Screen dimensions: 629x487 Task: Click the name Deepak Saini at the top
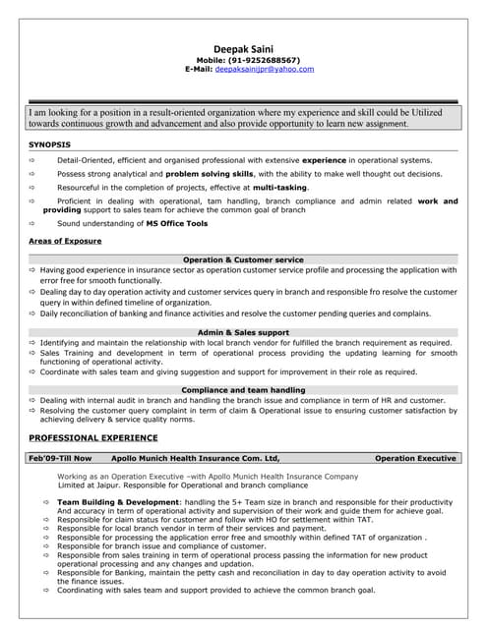pyautogui.click(x=243, y=48)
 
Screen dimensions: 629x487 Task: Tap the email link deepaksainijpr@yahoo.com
pyautogui.click(x=265, y=69)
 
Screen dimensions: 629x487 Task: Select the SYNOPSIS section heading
pyautogui.click(x=48, y=144)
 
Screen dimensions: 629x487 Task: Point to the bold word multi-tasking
pyautogui.click(x=279, y=187)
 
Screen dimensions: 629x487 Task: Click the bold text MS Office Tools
pyautogui.click(x=177, y=224)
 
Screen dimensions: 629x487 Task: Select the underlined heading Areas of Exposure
pyautogui.click(x=65, y=241)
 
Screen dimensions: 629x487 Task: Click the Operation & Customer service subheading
pyautogui.click(x=243, y=259)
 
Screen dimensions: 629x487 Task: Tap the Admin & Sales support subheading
pyautogui.click(x=243, y=333)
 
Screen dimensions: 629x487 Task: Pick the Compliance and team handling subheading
pyautogui.click(x=243, y=390)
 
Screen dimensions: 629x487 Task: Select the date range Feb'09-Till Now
pyautogui.click(x=60, y=458)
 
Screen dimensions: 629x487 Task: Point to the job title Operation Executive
pyautogui.click(x=415, y=458)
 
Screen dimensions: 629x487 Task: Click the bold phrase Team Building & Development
pyautogui.click(x=119, y=502)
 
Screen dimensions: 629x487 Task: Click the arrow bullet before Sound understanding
pyautogui.click(x=33, y=224)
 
